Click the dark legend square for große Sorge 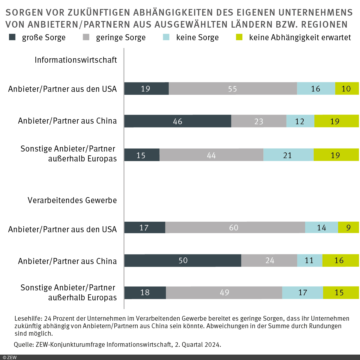coord(12,37)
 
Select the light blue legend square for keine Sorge coord(166,37)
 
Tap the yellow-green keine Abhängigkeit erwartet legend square coord(239,37)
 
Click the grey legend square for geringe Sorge coord(86,37)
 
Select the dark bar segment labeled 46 coord(178,121)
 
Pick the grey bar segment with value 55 coord(233,89)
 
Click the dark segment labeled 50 coord(183,260)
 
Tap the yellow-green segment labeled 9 coord(348,228)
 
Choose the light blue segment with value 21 coord(288,155)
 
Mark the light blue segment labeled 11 coord(310,260)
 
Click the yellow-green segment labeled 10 coord(347,89)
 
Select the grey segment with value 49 coord(224,292)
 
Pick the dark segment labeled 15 coord(142,155)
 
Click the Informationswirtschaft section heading coord(76,60)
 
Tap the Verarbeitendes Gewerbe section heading coord(72,200)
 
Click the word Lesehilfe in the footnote coord(28,319)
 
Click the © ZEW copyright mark coord(10,357)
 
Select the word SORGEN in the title coord(24,13)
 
